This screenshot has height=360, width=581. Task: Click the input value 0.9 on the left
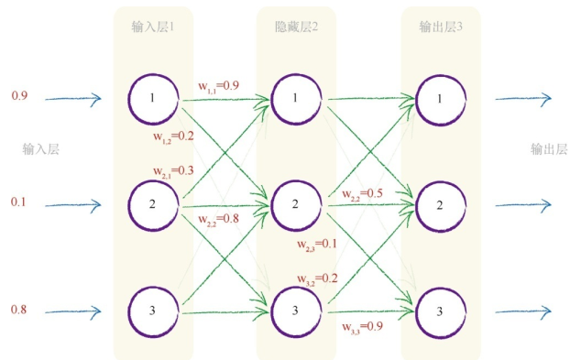pyautogui.click(x=19, y=96)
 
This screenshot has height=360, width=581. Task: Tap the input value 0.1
pyautogui.click(x=19, y=202)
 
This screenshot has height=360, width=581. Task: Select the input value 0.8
pyautogui.click(x=19, y=310)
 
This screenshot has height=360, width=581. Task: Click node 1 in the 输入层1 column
pyautogui.click(x=154, y=96)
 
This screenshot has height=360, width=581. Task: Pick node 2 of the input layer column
pyautogui.click(x=154, y=203)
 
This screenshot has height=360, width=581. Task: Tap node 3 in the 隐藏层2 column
pyautogui.click(x=296, y=311)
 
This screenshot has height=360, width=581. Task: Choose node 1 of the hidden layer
pyautogui.click(x=296, y=98)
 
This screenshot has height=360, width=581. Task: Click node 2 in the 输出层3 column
pyautogui.click(x=440, y=204)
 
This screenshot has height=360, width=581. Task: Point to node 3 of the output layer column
pyautogui.click(x=440, y=311)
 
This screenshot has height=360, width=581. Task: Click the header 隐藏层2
pyautogui.click(x=295, y=27)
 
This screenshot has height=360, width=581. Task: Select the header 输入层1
pyautogui.click(x=153, y=27)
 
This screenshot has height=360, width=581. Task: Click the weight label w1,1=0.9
pyautogui.click(x=220, y=87)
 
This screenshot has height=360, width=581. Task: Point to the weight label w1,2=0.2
pyautogui.click(x=173, y=136)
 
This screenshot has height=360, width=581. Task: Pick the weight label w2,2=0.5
pyautogui.click(x=362, y=194)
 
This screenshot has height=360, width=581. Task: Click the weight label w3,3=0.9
pyautogui.click(x=362, y=326)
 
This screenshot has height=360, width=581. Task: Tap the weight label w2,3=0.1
pyautogui.click(x=317, y=245)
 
